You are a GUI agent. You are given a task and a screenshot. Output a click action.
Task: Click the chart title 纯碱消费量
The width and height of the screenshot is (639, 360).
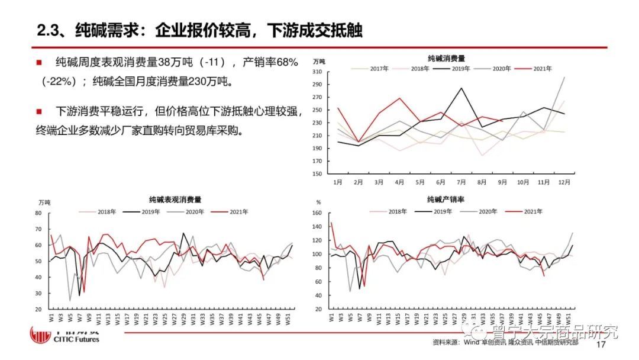(446, 59)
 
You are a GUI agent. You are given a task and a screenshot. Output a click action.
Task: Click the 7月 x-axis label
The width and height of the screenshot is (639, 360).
(460, 182)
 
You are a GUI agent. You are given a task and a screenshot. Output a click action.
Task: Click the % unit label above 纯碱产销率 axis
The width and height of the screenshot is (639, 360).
(318, 203)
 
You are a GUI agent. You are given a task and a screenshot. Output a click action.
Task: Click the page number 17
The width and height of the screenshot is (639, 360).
(601, 344)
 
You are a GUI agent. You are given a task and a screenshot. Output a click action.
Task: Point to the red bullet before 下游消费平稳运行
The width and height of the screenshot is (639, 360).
(39, 111)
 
